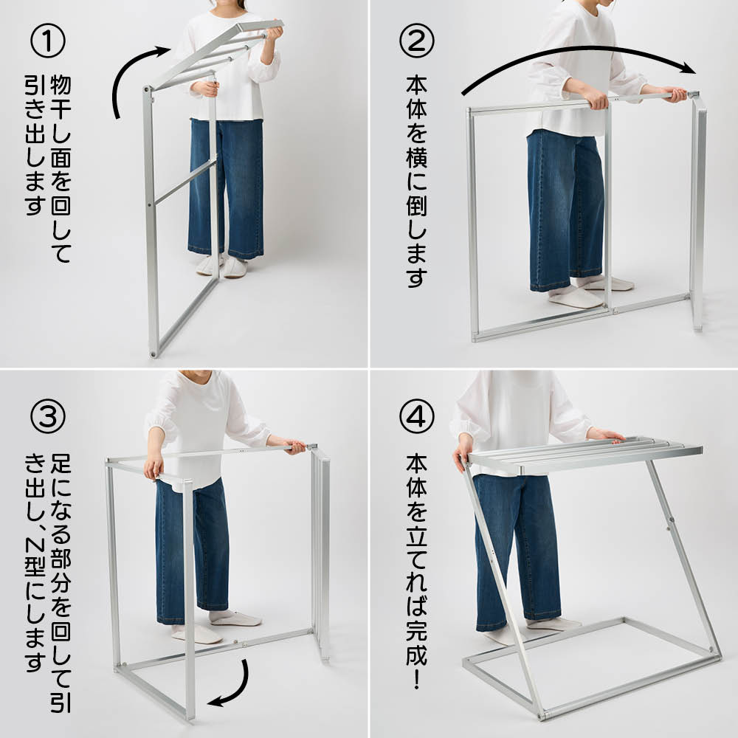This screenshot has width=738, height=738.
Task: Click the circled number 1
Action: pos(47,41)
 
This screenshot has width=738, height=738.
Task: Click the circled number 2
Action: pos(416,41)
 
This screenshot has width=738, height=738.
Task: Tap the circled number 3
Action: pos(47,416)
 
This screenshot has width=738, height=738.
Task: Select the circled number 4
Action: pos(416,416)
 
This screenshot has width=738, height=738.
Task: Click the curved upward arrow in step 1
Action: pos(123,75)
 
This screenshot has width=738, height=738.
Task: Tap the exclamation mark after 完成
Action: pos(416,677)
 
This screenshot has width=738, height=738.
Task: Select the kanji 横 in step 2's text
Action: pos(416,156)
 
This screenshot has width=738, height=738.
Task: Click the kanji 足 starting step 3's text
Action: pos(61,463)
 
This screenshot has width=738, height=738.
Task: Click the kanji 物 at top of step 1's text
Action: pos(61,85)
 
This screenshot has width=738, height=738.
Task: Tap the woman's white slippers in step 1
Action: pos(222,266)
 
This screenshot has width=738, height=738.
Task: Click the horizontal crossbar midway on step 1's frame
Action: pos(184,182)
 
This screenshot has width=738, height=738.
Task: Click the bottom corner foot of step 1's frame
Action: pos(154,352)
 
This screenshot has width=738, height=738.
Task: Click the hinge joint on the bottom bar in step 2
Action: pos(615,310)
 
